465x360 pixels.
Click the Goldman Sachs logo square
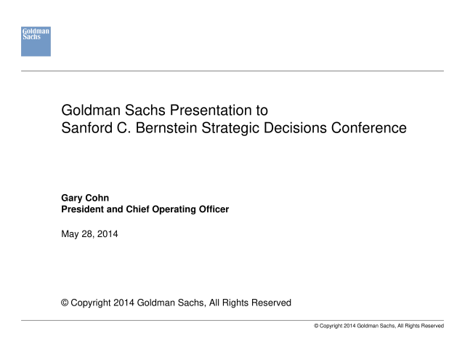point(36,41)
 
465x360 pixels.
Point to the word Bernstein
point(166,128)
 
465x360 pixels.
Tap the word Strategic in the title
point(230,129)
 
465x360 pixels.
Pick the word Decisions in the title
point(295,128)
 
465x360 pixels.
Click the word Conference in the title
point(368,128)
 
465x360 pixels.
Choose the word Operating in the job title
point(174,210)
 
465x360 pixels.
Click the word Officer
point(214,209)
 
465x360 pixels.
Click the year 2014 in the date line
point(108,234)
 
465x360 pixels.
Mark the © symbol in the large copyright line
point(65,303)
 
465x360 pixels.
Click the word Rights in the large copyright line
point(235,303)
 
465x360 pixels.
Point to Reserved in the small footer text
point(432,326)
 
